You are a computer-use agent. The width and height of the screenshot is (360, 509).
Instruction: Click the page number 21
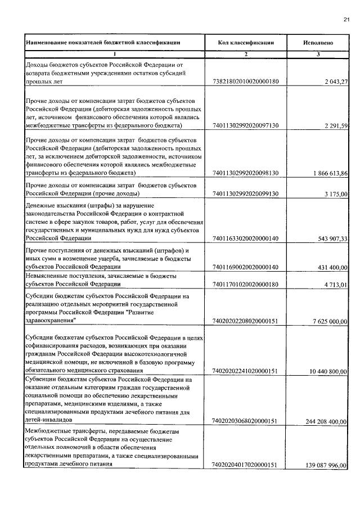pyautogui.click(x=346, y=21)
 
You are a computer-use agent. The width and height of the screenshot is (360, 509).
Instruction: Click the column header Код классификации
pyautogui.click(x=246, y=42)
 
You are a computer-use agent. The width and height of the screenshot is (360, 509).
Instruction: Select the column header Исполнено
pyautogui.click(x=318, y=42)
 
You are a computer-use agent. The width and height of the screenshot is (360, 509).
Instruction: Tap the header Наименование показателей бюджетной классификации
pyautogui.click(x=103, y=42)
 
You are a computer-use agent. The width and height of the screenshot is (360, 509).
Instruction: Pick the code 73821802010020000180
pyautogui.click(x=246, y=82)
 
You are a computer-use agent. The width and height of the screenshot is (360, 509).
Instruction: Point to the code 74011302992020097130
pyautogui.click(x=246, y=125)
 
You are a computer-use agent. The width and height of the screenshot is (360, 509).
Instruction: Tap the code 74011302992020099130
pyautogui.click(x=246, y=193)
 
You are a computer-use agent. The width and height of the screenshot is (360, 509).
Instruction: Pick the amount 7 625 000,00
pyautogui.click(x=330, y=321)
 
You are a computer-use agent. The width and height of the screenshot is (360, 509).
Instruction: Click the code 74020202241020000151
pyautogui.click(x=246, y=371)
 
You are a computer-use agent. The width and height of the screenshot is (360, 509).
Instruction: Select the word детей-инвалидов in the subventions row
pyautogui.click(x=49, y=420)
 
